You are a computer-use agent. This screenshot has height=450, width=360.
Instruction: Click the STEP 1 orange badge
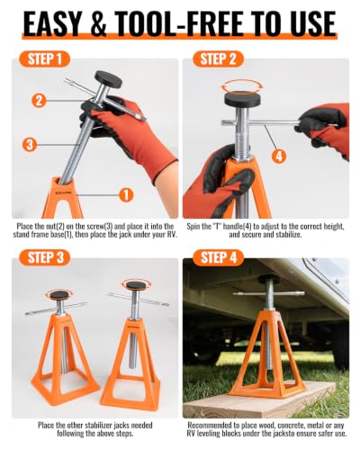pos(44,59)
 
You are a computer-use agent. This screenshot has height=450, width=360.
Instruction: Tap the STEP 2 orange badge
pos(218,59)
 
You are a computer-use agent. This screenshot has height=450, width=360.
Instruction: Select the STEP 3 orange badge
pos(44,258)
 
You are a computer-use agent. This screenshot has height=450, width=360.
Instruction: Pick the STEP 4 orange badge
pos(218,258)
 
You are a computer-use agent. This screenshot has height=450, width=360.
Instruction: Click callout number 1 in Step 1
pos(126,195)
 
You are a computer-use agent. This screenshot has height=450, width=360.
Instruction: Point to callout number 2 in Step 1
pos(39,101)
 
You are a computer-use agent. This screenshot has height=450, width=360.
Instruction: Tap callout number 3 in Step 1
pos(30,145)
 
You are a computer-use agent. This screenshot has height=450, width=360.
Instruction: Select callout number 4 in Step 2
pos(279,157)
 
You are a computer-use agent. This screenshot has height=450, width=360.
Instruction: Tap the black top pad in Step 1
pos(108,79)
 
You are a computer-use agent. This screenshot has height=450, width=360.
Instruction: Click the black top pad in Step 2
pos(243,100)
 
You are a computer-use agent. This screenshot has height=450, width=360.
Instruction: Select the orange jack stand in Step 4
pos(264,354)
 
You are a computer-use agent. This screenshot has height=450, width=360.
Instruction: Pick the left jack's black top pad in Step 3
pos(59,294)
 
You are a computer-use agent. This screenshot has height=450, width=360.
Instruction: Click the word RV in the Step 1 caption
pos(171,234)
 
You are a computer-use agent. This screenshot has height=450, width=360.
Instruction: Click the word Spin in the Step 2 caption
pos(193,227)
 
